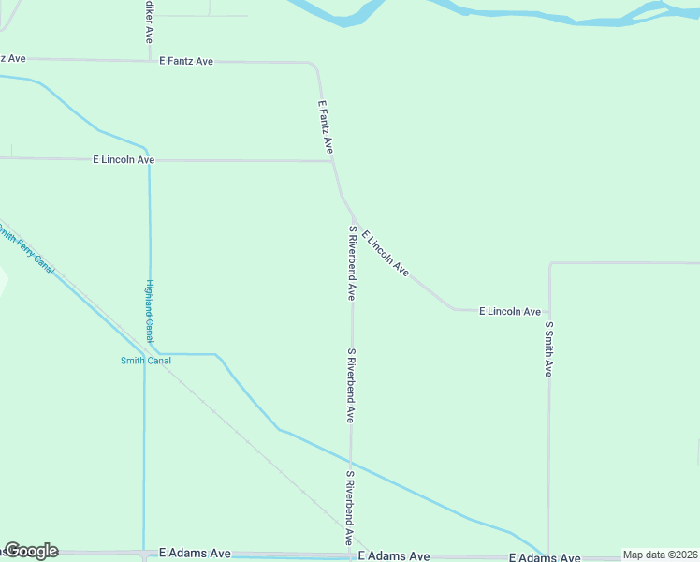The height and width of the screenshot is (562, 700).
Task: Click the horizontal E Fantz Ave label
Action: [x=186, y=61]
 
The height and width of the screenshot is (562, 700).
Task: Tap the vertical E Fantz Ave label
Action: [x=326, y=127]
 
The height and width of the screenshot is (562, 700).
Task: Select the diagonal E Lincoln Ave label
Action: [x=386, y=253]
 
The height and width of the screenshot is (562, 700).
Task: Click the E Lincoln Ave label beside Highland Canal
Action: [x=124, y=160]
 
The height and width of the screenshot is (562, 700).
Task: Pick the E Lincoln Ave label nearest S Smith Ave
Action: [x=510, y=311]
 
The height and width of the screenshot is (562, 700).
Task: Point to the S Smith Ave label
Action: [x=549, y=349]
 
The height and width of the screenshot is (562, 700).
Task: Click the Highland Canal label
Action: [x=149, y=311]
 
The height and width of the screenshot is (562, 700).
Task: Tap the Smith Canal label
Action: [x=146, y=361]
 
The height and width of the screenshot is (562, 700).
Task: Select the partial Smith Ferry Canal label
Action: [x=28, y=252]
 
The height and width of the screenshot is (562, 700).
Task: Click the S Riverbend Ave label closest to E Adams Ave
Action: [x=349, y=509]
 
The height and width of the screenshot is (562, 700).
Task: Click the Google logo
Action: [x=31, y=551]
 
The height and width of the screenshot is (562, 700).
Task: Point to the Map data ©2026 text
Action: [x=660, y=555]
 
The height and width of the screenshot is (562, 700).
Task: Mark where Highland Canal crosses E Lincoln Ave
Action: [x=149, y=160]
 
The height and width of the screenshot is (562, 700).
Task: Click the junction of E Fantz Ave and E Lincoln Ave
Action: [x=333, y=161]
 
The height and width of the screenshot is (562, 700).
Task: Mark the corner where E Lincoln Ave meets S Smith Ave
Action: [x=549, y=310]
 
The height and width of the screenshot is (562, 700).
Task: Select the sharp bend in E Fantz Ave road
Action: [x=314, y=65]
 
